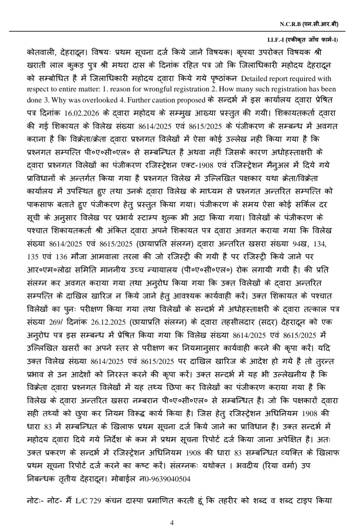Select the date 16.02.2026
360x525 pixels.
[82, 113]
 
